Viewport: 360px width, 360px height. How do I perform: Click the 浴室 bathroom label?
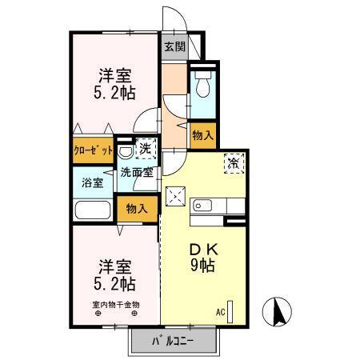pos(93,182)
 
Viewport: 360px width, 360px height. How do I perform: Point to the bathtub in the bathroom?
pos(94,211)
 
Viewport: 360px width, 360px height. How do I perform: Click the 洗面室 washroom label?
pos(137,172)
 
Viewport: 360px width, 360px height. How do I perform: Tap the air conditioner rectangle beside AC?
pos(231,311)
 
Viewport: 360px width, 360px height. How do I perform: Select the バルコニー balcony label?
pos(175,344)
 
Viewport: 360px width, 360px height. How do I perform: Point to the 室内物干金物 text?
pos(114,305)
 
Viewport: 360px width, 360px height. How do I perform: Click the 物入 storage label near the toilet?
pos(203,136)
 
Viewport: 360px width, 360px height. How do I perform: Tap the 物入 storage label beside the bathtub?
pos(137,210)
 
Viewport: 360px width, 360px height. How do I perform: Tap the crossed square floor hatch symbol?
pos(176,196)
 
